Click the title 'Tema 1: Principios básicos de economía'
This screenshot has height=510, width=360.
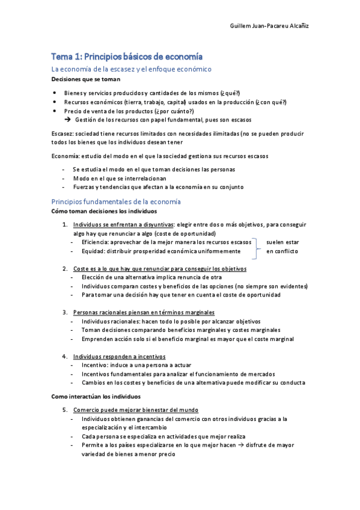tap(126, 57)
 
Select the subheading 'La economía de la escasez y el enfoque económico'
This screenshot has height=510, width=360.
tap(132, 69)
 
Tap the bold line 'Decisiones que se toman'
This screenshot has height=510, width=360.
tap(85, 79)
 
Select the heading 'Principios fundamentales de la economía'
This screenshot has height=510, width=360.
tap(116, 201)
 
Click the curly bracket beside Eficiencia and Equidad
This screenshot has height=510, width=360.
tap(259, 246)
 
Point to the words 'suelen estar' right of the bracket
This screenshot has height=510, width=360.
tap(282, 242)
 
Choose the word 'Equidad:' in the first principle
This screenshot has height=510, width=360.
tap(94, 251)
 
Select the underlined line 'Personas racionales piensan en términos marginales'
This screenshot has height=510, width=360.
tap(144, 312)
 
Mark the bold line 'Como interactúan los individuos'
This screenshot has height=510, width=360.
tap(96, 397)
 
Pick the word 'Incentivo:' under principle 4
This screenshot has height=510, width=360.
tap(96, 365)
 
